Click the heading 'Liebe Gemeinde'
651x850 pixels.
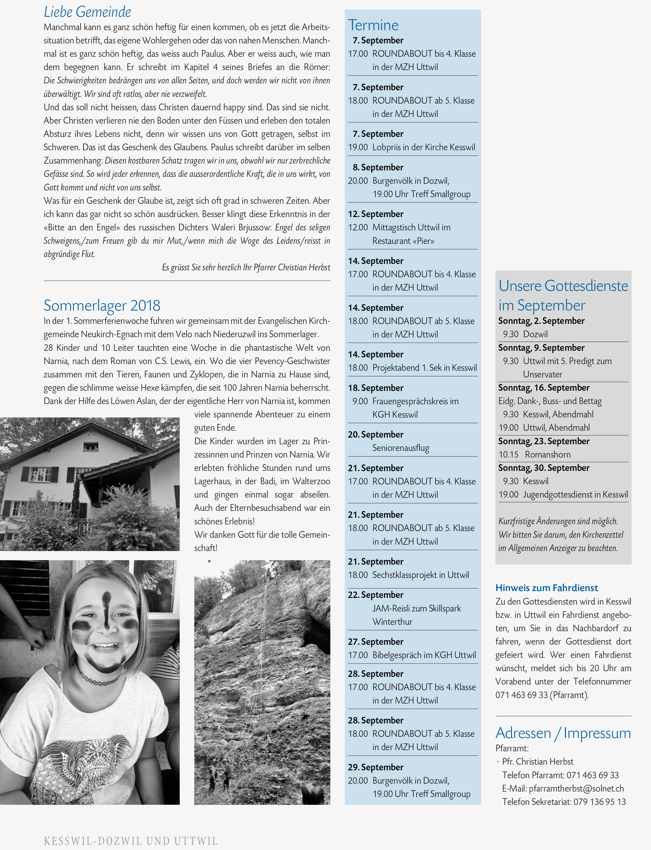[87, 12]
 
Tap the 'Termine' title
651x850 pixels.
[373, 25]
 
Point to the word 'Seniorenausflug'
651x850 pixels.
[401, 448]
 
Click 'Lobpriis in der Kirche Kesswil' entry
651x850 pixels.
[423, 147]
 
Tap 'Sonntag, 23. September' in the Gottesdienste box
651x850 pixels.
[544, 441]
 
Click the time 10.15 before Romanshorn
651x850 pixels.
[508, 454]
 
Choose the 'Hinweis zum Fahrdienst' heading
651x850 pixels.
[546, 588]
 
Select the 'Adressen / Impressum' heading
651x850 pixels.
[563, 733]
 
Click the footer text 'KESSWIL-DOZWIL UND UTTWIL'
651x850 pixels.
[131, 841]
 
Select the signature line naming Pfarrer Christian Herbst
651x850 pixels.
[246, 268]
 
